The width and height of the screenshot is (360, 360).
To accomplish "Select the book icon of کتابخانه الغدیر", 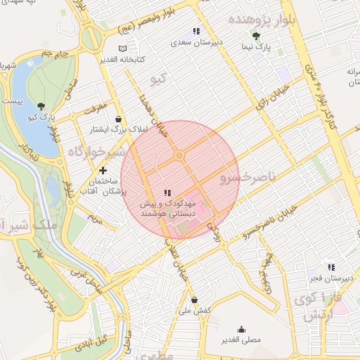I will click(124, 49).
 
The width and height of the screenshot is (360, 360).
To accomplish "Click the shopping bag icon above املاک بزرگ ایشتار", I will click(116, 119).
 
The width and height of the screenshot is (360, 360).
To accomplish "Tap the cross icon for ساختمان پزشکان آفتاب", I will click(103, 170).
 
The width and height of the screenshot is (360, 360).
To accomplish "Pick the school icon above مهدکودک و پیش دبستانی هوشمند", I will click(167, 193).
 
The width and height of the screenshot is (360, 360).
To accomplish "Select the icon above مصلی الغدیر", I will click(242, 328).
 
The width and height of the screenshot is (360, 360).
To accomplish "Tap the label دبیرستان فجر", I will click(330, 278).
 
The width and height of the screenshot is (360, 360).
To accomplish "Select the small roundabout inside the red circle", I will click(179, 155).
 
